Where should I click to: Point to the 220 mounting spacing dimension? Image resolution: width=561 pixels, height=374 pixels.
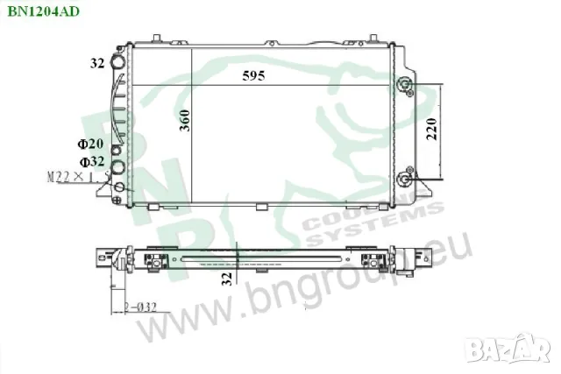point(430,131)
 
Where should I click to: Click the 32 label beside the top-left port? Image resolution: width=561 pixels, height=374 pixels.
point(96,63)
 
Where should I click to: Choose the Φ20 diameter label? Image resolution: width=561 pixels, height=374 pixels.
point(90,144)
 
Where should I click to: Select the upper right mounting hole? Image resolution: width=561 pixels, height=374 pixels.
point(404,85)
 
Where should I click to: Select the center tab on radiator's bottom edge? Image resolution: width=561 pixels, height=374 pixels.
point(260,207)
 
